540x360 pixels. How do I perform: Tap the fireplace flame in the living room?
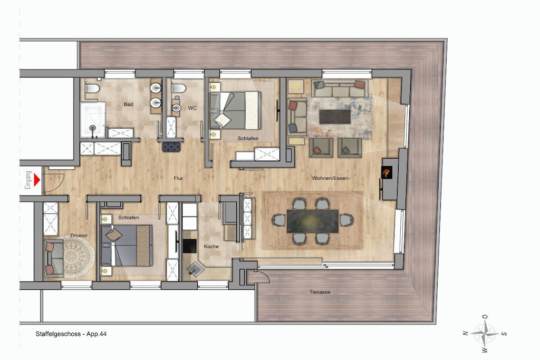(387, 172)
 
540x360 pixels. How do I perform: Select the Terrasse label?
(320, 292)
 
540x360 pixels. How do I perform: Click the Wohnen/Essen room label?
(330, 178)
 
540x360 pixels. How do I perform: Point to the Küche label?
(211, 247)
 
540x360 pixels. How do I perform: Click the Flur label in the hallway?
(178, 178)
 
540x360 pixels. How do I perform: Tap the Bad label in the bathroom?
(129, 104)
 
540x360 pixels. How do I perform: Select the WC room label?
(192, 108)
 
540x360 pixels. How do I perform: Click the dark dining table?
(312, 221)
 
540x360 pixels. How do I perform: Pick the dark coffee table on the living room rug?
(335, 116)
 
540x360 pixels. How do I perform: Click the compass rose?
(485, 333)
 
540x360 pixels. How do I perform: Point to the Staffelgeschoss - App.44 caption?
(71, 334)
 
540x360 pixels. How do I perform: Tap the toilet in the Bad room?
(92, 89)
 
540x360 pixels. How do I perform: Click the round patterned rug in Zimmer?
(74, 256)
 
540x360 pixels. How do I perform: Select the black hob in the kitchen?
(189, 246)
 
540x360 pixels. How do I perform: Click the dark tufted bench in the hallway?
(172, 147)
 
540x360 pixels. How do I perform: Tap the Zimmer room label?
(79, 236)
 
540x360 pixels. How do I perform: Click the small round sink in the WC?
(176, 108)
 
